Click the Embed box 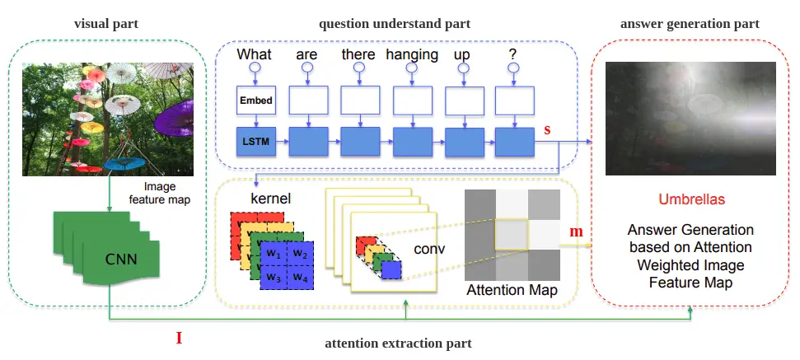pyautogui.click(x=255, y=101)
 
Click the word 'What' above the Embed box pyautogui.click(x=255, y=55)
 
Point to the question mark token pyautogui.click(x=512, y=55)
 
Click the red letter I pyautogui.click(x=179, y=337)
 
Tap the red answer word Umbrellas pyautogui.click(x=690, y=200)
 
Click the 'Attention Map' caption pyautogui.click(x=511, y=291)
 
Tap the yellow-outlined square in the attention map pyautogui.click(x=511, y=236)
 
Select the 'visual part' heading pyautogui.click(x=106, y=24)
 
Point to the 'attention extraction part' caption pyautogui.click(x=398, y=342)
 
